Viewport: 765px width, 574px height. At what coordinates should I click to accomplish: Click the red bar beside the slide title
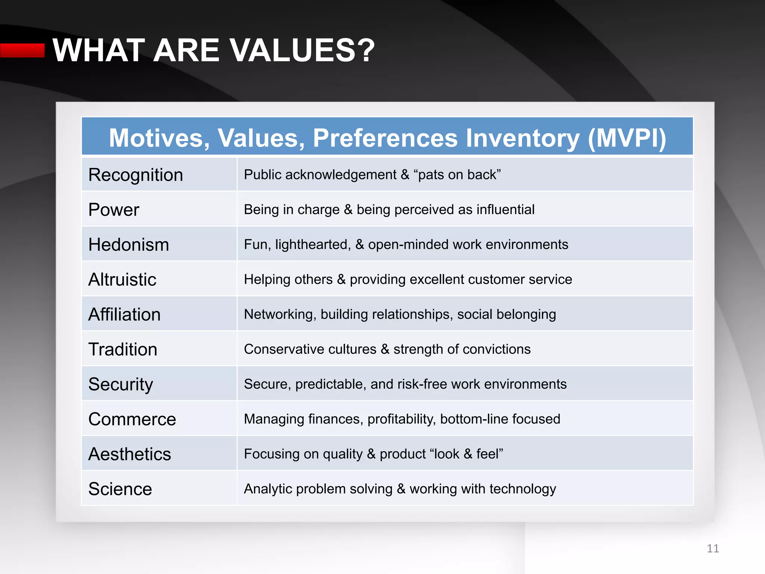point(22,50)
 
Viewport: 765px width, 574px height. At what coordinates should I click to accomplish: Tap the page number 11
point(713,548)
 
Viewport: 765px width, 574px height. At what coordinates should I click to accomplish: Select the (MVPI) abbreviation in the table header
point(627,138)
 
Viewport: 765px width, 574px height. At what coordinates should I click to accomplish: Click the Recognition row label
point(136,175)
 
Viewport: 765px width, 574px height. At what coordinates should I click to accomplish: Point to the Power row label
point(114,210)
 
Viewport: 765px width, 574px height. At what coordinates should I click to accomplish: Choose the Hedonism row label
point(128,245)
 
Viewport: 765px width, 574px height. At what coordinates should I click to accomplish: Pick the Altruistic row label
point(122,280)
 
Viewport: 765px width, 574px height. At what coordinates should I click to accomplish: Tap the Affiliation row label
point(124,314)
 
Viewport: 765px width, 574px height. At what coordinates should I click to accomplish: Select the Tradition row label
point(123,349)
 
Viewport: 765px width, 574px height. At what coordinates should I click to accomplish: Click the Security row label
point(121,384)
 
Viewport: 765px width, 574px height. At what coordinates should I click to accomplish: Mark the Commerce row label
point(132,419)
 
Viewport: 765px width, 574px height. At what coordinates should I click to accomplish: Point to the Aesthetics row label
point(130,454)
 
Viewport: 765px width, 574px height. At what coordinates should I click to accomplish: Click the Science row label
point(120,489)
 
